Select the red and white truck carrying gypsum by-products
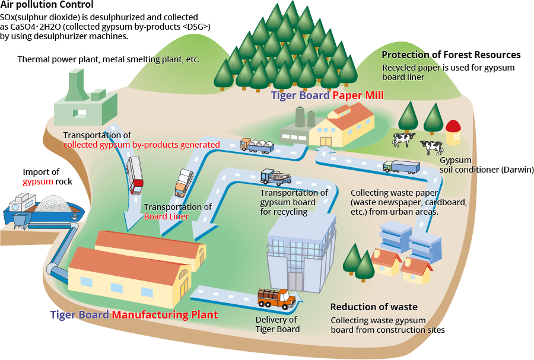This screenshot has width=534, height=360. pos(135,176)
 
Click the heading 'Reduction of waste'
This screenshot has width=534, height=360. pos(374,307)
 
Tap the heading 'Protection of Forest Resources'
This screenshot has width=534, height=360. pos(451,55)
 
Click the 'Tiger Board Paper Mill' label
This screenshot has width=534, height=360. pos(327,95)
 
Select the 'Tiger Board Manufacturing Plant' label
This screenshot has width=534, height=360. pos(133,315)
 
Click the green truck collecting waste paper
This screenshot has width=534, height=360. pos(401,167)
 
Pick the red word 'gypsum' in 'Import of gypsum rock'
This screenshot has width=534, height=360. pos(37,181)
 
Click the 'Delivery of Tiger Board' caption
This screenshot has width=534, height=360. pos(277,324)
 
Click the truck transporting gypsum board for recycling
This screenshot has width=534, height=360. pos(276,177)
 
